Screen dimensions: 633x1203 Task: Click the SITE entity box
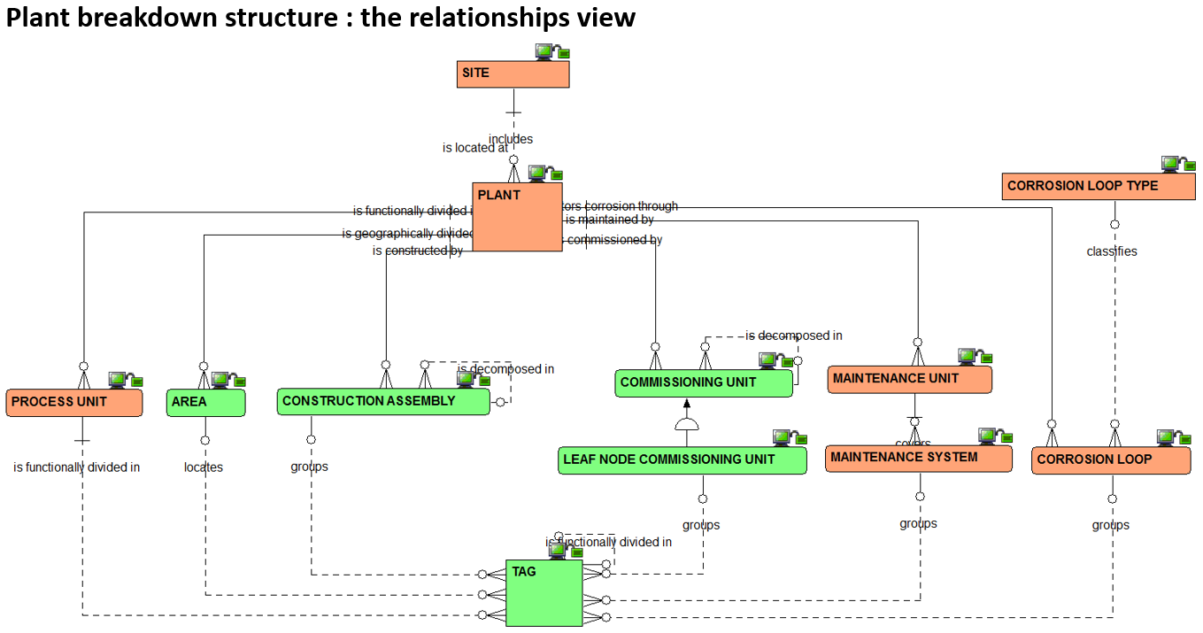click(513, 74)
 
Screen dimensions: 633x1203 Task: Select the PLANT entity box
click(517, 217)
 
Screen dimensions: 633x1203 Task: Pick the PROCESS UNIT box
click(74, 403)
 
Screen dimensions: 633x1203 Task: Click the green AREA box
click(205, 403)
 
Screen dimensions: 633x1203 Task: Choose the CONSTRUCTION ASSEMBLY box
click(382, 402)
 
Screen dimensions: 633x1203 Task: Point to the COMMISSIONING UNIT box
click(704, 383)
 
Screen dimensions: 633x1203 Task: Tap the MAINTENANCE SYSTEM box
click(919, 459)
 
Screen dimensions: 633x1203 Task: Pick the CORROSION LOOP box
click(1111, 460)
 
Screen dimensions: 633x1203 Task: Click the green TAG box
click(544, 593)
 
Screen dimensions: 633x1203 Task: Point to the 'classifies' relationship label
click(1112, 251)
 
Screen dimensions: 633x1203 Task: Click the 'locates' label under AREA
click(204, 467)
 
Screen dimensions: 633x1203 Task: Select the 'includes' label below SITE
click(511, 139)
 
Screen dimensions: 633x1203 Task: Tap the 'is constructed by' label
click(418, 251)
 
